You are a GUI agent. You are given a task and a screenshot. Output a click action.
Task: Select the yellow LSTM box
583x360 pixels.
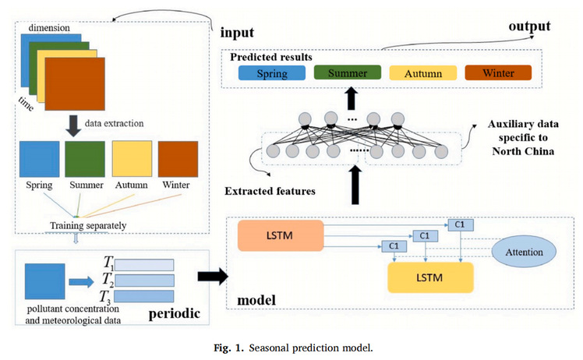430,276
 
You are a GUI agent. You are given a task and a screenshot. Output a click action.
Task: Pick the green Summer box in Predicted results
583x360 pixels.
346,73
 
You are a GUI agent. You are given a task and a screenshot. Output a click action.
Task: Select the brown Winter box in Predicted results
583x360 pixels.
498,74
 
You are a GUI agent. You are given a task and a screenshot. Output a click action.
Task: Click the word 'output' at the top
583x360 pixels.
530,26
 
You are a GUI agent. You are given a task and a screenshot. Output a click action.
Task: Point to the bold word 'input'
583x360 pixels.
238,34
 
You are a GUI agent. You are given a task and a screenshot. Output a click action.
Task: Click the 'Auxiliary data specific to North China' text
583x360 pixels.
523,137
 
